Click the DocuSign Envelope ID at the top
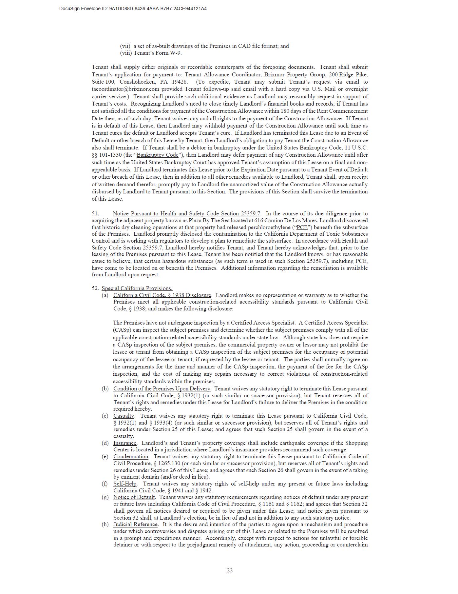tap(133, 9)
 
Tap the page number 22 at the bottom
tap(229, 570)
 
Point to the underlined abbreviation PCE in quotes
tap(302, 228)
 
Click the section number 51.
tap(95, 214)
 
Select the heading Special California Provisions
tap(137, 288)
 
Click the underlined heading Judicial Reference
tap(135, 525)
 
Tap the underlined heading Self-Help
tap(125, 484)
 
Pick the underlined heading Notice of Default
tap(134, 497)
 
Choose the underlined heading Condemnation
tap(131, 457)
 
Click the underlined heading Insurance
tap(125, 443)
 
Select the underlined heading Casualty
tap(124, 416)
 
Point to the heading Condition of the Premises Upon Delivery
tap(162, 389)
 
